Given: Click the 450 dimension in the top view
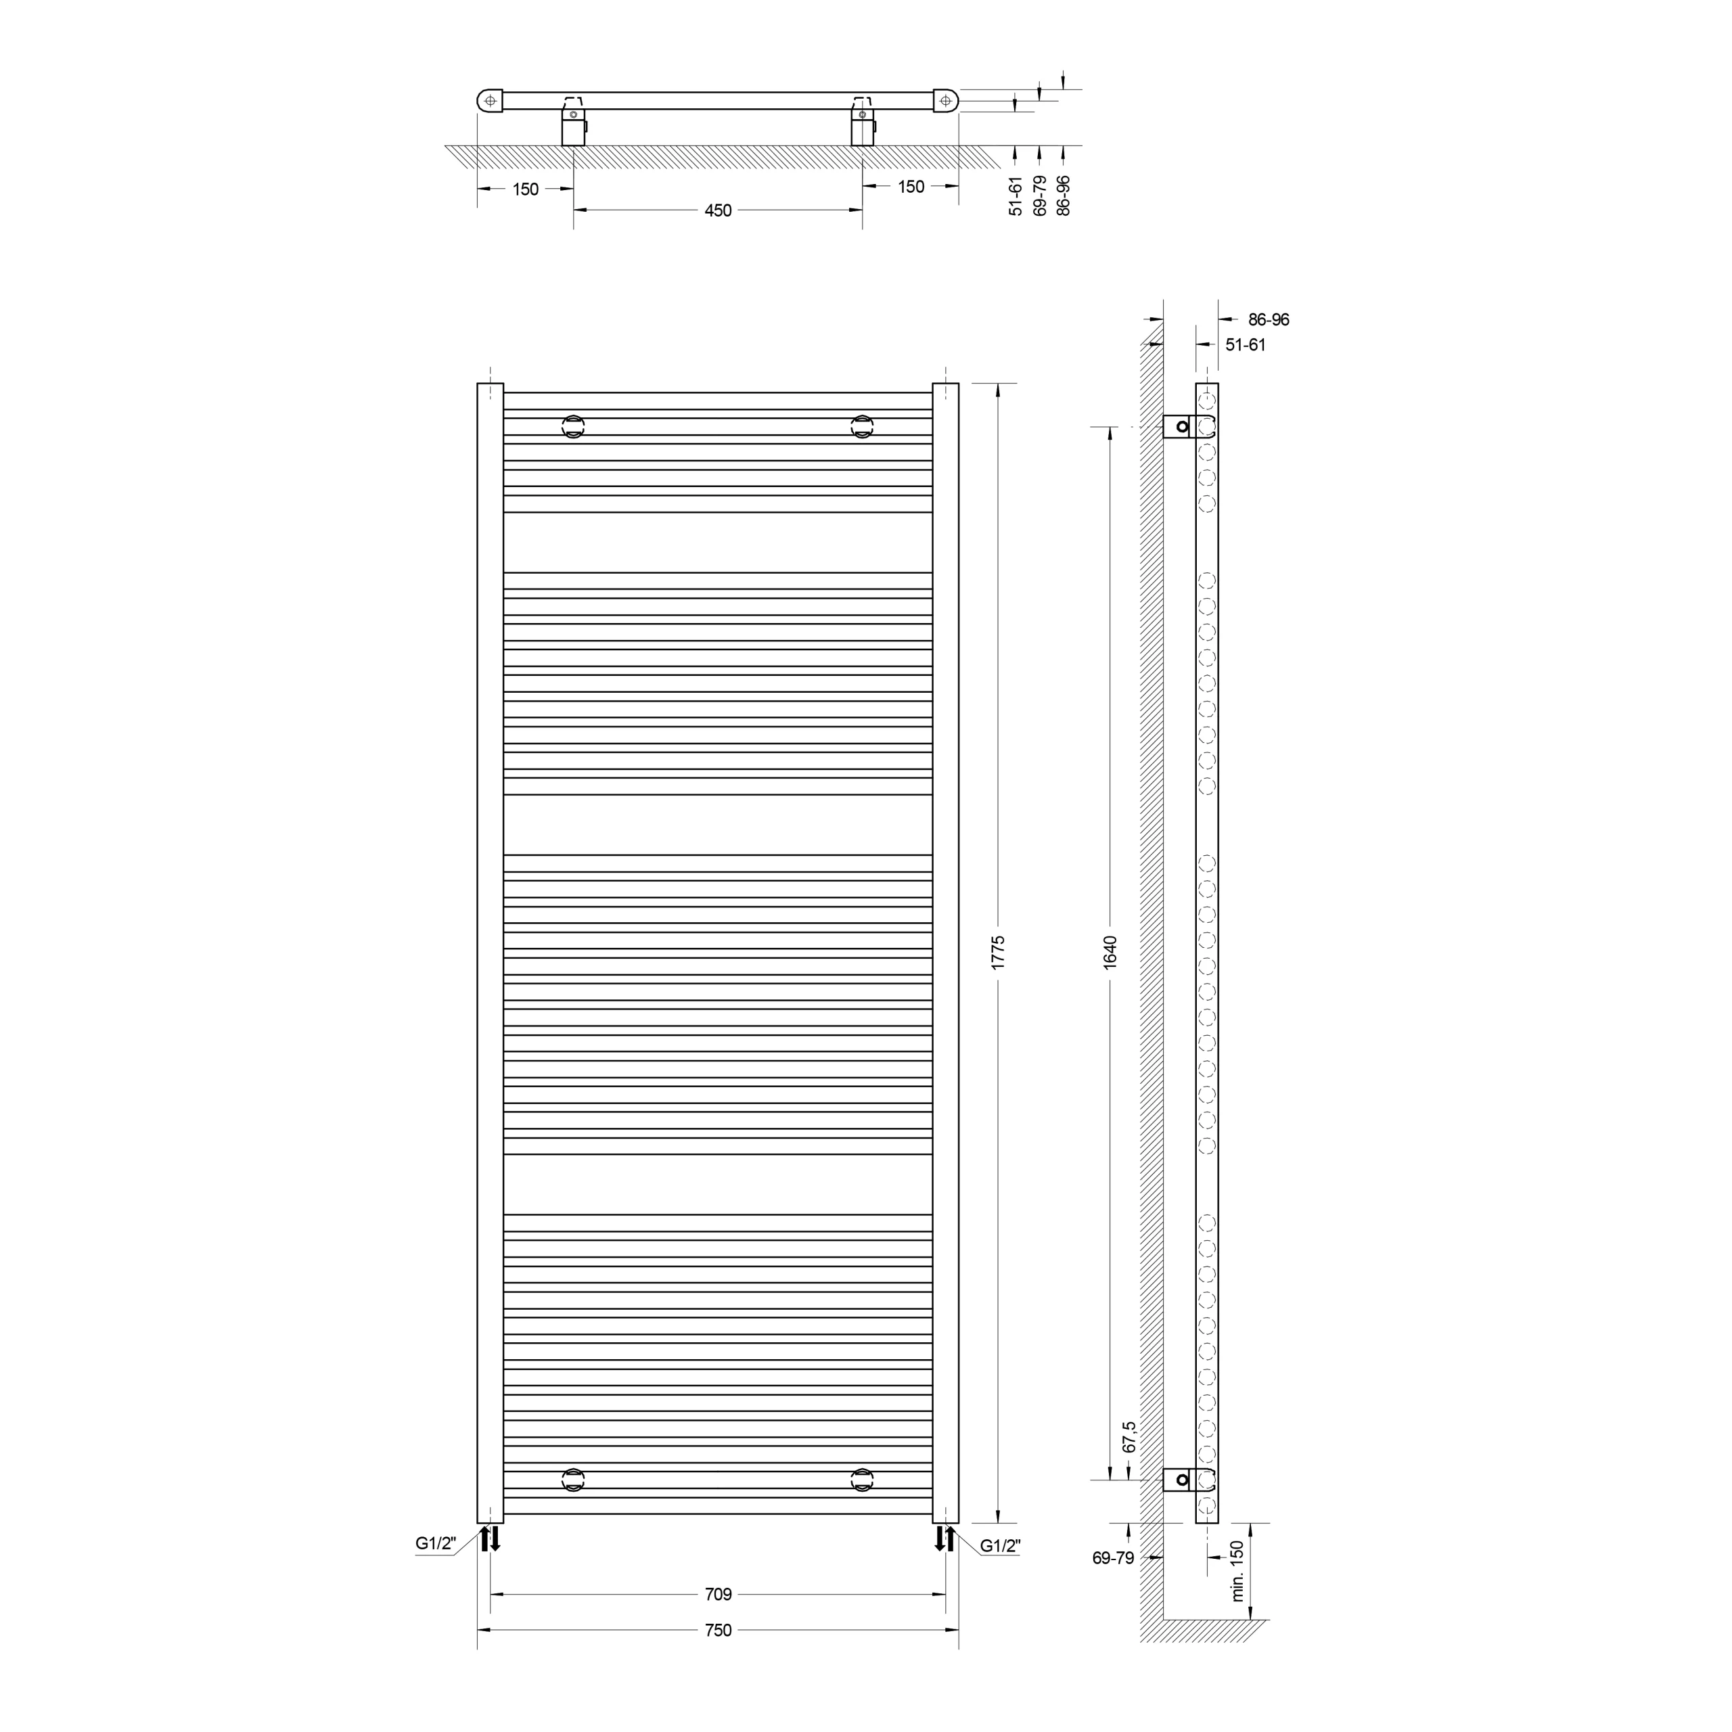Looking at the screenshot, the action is (x=718, y=210).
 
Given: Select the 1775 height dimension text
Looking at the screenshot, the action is (x=998, y=952).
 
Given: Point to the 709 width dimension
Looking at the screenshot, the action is (x=718, y=1594).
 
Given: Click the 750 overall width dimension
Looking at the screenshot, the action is (x=718, y=1630).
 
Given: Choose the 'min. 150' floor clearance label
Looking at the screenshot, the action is (x=1237, y=1570).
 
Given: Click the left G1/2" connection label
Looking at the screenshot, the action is (x=436, y=1544).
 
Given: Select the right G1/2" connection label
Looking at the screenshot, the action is (x=1001, y=1545).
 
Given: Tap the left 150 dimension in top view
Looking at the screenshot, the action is (x=525, y=189).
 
